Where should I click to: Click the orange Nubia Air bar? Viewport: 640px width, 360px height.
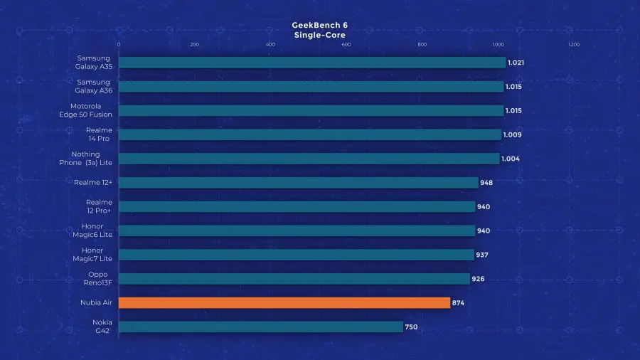click(x=284, y=302)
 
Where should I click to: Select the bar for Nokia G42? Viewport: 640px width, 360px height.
click(x=260, y=327)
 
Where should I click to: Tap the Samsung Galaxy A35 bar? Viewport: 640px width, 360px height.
click(x=311, y=63)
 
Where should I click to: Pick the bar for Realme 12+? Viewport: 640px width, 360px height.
click(x=298, y=183)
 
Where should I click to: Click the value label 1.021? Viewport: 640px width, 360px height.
click(x=516, y=63)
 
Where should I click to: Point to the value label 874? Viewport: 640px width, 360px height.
click(x=459, y=302)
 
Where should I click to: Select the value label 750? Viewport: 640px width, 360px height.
click(x=412, y=327)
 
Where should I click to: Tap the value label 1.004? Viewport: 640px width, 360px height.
click(x=510, y=159)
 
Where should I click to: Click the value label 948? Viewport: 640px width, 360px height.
click(x=486, y=183)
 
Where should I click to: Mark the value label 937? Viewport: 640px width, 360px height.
click(x=482, y=255)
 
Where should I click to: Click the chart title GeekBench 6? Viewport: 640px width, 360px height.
click(x=320, y=25)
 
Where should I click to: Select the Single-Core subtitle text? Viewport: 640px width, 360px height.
click(x=320, y=34)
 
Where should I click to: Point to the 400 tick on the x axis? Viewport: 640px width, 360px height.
click(x=270, y=44)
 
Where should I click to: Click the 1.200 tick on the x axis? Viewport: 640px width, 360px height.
click(x=573, y=44)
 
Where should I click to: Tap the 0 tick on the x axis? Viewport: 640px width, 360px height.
click(x=119, y=44)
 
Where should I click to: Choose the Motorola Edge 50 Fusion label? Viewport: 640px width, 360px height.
click(x=92, y=110)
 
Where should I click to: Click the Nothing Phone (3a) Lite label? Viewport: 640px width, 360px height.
click(x=86, y=159)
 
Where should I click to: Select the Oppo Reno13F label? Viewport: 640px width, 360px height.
click(x=97, y=278)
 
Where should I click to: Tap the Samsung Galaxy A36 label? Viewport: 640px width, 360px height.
click(x=94, y=86)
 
